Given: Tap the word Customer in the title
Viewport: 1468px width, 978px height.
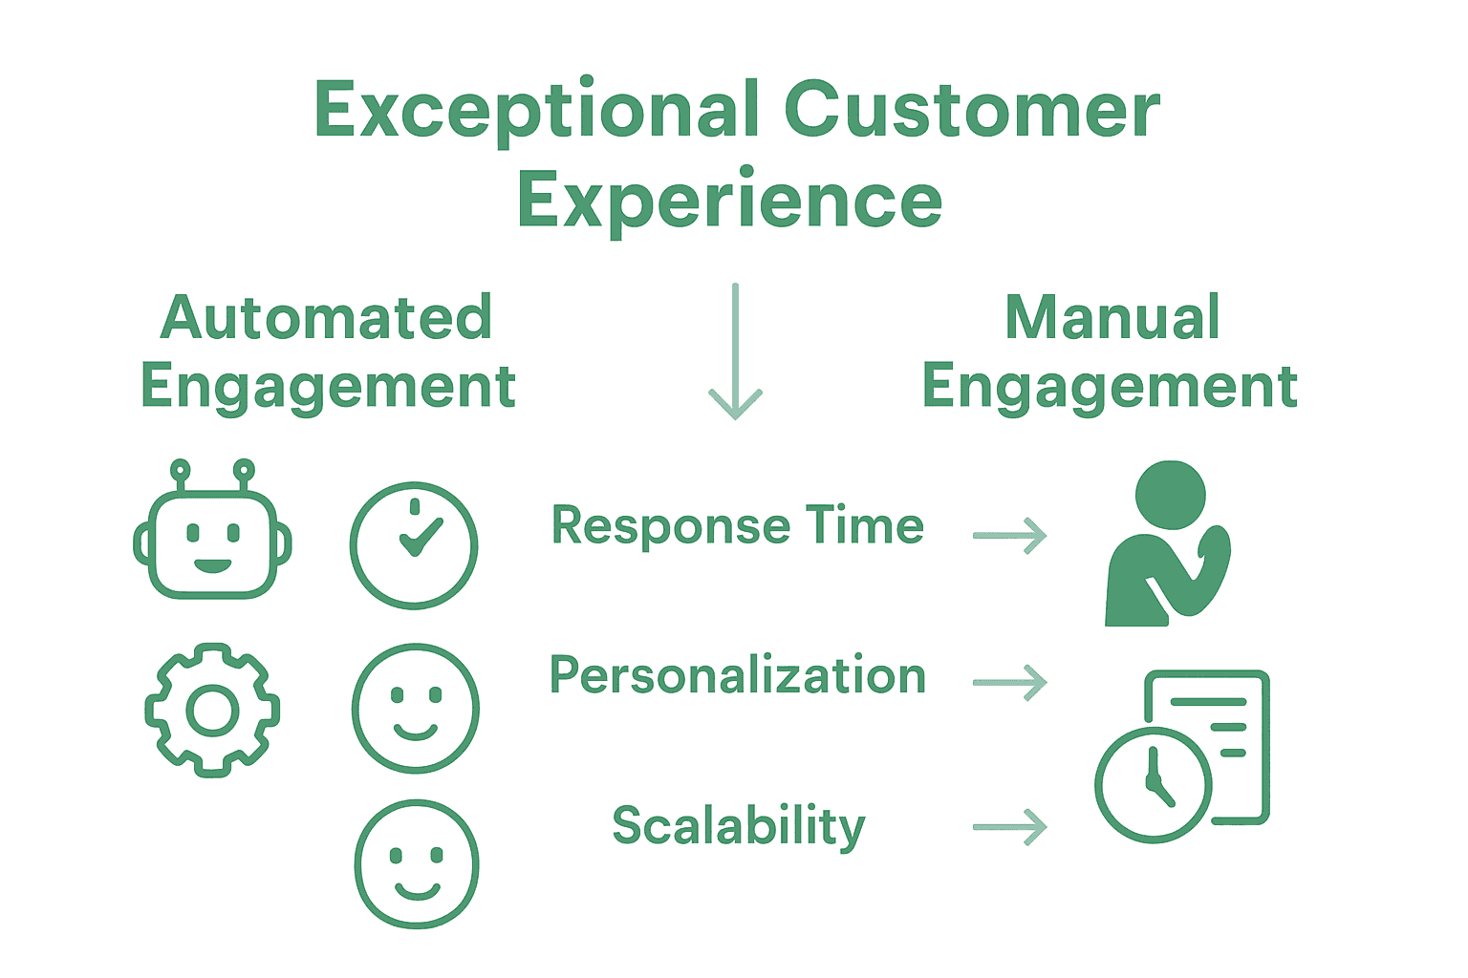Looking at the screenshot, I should click(972, 111).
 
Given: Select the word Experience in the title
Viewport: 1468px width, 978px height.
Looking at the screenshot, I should click(729, 200).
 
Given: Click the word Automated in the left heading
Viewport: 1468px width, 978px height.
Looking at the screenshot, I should click(326, 317).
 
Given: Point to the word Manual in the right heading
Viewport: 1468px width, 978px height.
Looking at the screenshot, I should click(1112, 317).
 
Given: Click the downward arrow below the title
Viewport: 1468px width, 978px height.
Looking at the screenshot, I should click(735, 353).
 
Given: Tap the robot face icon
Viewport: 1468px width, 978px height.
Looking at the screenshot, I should click(212, 545).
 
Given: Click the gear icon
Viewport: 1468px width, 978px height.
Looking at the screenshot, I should click(212, 710).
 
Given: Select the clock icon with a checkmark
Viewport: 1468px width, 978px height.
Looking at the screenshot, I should click(414, 544).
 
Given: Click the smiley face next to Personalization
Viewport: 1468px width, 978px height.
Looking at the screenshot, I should click(415, 708).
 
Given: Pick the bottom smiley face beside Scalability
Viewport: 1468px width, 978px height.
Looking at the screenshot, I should click(417, 863).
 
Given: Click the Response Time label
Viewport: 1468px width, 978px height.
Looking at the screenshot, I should click(738, 526).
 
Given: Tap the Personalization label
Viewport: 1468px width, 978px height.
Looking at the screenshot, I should click(738, 676).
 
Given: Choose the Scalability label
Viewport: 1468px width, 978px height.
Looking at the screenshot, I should click(739, 826).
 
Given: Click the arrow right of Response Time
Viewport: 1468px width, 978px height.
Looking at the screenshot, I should click(1010, 536).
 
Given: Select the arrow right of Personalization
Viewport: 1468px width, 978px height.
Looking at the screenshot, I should click(1010, 683).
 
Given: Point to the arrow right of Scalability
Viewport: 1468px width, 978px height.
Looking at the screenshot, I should click(1010, 827).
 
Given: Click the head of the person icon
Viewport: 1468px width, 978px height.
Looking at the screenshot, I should click(1170, 495).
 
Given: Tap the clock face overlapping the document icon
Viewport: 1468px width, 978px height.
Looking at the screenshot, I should click(1154, 785).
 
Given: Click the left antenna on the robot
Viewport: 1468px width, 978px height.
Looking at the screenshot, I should click(180, 471).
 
